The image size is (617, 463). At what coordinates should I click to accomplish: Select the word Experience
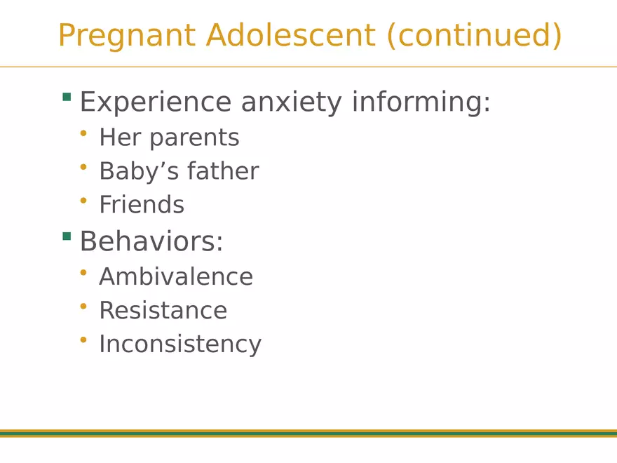point(155,102)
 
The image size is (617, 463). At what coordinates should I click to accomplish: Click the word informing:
point(421,102)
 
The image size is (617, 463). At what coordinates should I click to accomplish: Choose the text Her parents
point(169,137)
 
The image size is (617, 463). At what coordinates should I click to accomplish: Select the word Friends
point(142,205)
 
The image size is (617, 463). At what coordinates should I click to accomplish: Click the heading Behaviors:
point(151,241)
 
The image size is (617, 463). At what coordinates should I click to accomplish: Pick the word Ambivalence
point(176,276)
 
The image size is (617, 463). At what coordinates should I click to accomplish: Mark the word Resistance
point(163,310)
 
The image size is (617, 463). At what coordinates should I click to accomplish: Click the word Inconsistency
point(180,344)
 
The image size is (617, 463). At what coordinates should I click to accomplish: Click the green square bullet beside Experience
point(67,97)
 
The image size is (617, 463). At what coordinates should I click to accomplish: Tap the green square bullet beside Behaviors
point(67,236)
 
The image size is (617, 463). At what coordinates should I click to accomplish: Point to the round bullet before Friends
point(83,201)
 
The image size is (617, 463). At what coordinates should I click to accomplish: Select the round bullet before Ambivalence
point(83,272)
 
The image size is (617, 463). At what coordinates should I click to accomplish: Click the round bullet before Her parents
point(83,133)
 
